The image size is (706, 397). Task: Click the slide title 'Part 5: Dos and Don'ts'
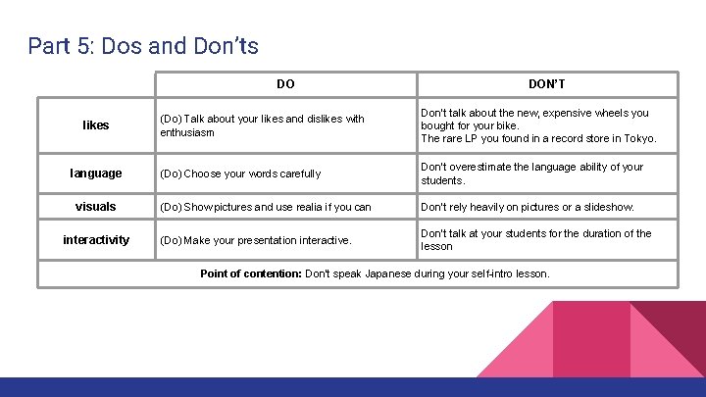coord(143,45)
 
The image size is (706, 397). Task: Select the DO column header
coord(285,84)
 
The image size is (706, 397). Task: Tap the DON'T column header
coord(547,84)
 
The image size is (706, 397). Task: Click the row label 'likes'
coord(96,124)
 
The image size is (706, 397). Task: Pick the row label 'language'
coord(96,174)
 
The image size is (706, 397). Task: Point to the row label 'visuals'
coord(96,207)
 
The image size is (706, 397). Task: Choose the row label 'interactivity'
coord(96,240)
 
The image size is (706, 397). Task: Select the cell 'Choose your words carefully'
coord(240,174)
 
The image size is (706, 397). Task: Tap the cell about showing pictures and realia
coord(265,207)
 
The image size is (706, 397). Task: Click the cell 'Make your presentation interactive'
coord(256,240)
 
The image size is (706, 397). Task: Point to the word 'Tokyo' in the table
coord(636,138)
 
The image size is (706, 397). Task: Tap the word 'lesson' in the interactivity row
coord(436,247)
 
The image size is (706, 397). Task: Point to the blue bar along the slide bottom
coord(353,387)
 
